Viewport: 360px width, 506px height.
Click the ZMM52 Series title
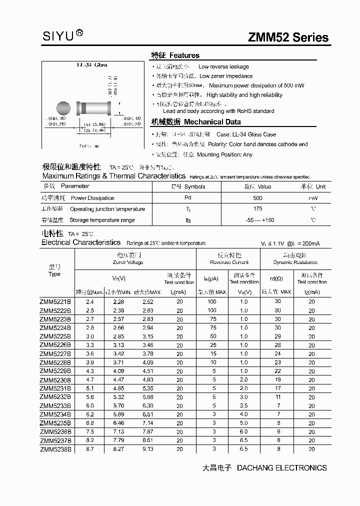(x=288, y=37)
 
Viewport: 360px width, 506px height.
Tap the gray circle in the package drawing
(x=63, y=108)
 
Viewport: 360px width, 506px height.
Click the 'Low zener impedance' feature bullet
(x=226, y=76)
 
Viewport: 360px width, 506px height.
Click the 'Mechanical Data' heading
(x=212, y=122)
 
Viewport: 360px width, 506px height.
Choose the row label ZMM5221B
(x=55, y=301)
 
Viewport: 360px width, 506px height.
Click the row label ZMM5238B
(x=55, y=449)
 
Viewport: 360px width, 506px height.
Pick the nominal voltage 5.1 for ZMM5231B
(x=89, y=388)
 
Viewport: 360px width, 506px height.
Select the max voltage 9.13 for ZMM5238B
(x=147, y=449)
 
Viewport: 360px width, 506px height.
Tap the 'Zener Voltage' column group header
(x=128, y=262)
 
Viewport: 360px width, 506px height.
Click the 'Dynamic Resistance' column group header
(x=295, y=262)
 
